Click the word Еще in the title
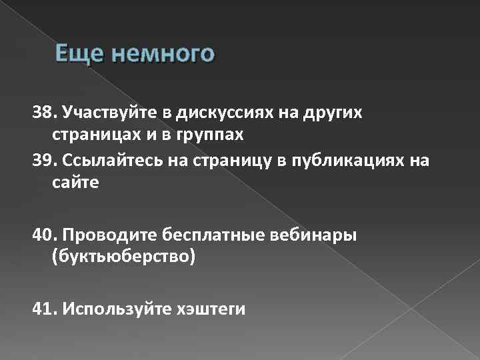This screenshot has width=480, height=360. [x=75, y=53]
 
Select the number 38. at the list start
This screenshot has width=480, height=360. [x=46, y=112]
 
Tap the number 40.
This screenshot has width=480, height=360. [x=46, y=235]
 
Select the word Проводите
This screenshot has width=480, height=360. [x=106, y=235]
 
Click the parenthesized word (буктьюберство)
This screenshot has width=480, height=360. [x=123, y=257]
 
